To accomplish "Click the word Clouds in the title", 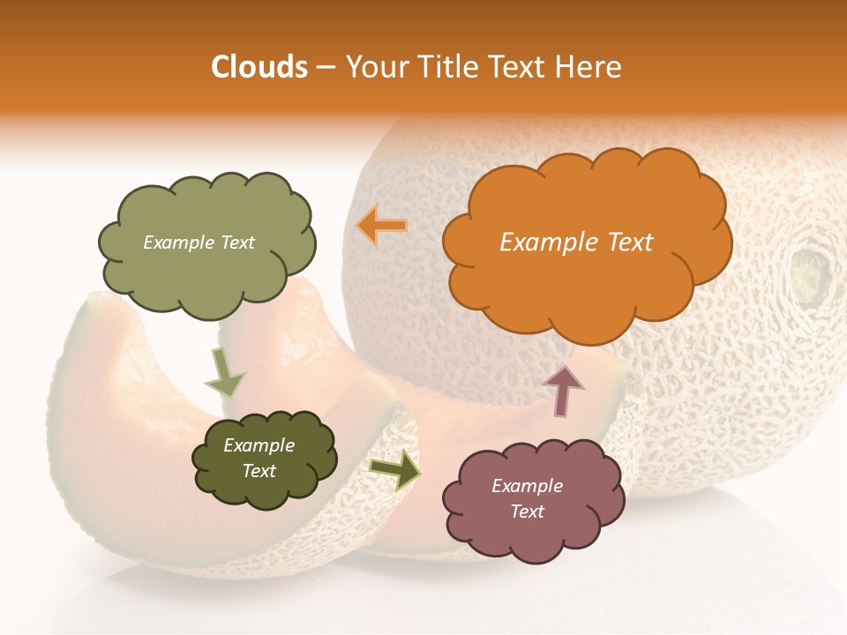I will tap(259, 67).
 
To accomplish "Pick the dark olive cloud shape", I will tap(265, 489).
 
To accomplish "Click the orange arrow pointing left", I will tap(382, 226).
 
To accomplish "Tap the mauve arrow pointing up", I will tap(563, 390).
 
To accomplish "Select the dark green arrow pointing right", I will tap(394, 469).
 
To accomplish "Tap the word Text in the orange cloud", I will tap(630, 243).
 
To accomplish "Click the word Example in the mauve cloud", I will tap(527, 486).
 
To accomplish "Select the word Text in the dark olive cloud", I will tap(259, 471).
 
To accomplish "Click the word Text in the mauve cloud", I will tap(527, 512).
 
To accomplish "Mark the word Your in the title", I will tap(373, 67).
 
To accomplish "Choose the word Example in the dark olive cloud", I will tap(259, 445).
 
